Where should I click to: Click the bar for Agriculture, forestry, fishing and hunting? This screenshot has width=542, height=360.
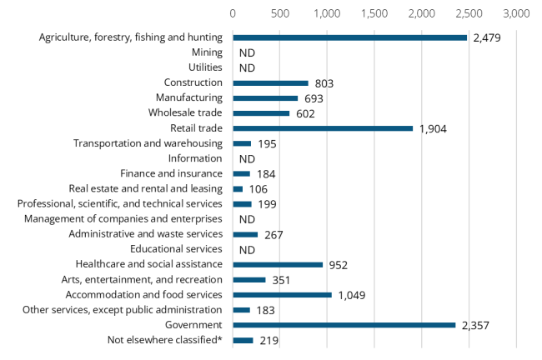(349, 37)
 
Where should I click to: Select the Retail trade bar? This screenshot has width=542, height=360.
(323, 128)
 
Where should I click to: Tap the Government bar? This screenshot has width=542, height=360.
(344, 325)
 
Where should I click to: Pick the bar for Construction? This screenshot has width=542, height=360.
(270, 83)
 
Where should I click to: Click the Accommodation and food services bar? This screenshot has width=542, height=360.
(282, 295)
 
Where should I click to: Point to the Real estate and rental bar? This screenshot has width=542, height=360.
(238, 189)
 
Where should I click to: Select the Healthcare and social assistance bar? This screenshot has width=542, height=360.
(278, 265)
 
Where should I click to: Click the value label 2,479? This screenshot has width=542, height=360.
(485, 38)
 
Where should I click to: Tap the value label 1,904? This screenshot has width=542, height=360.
(431, 129)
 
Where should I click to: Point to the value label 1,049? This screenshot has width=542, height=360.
(350, 296)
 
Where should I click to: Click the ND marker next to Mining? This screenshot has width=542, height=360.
(246, 53)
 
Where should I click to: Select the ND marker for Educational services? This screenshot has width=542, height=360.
(246, 250)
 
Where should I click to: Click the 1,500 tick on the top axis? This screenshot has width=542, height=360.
(374, 14)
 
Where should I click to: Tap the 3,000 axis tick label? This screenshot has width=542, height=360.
(517, 14)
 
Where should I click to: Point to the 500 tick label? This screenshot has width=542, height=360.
(280, 14)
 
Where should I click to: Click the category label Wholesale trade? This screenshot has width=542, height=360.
(185, 113)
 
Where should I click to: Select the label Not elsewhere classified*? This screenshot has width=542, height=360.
(165, 340)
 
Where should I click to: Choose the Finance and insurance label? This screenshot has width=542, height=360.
(171, 174)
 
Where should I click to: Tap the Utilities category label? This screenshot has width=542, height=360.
(205, 68)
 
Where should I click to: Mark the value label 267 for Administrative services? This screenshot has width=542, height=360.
(272, 235)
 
